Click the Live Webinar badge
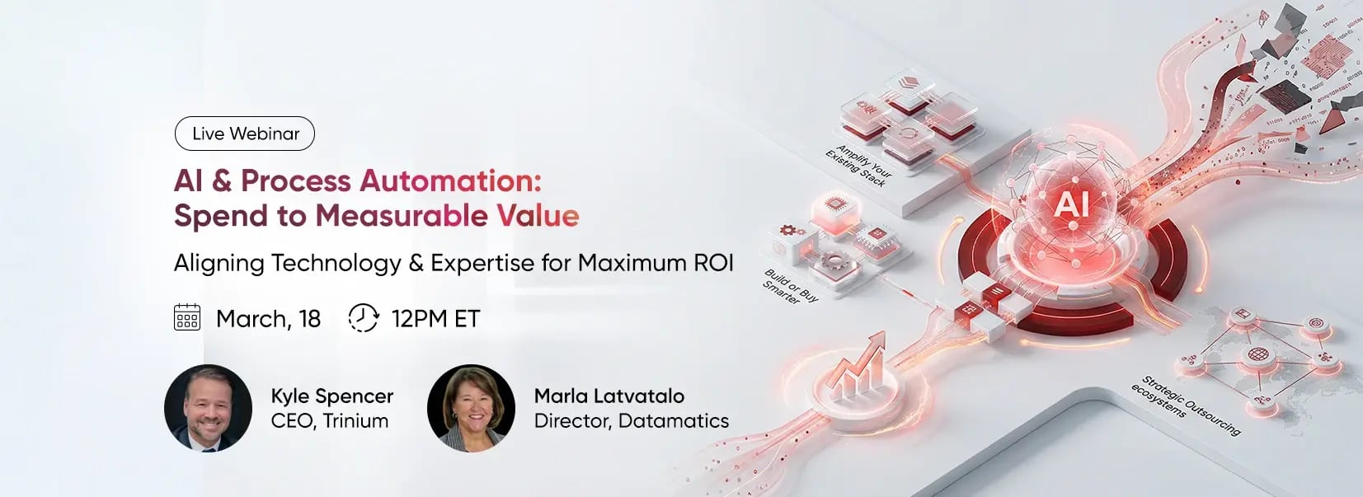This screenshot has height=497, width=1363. pos(245,134)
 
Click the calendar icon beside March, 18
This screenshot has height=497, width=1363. pos(187,317)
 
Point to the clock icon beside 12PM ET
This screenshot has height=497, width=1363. pos(363,317)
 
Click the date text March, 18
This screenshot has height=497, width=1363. pos(268,319)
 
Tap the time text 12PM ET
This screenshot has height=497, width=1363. pos(435,319)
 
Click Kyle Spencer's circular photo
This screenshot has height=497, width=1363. pos(208,408)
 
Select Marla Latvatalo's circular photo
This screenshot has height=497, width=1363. pos(471,408)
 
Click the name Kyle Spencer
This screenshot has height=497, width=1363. pos(331,396)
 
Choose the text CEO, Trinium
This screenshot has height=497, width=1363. pos(329,421)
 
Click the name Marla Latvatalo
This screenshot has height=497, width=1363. pos(609,396)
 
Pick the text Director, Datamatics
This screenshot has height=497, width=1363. pos(631,421)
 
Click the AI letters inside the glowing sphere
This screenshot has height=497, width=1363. pos(1071,204)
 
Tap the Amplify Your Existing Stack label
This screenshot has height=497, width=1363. pos(858,166)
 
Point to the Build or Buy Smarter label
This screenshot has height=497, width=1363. pos(790,287)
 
